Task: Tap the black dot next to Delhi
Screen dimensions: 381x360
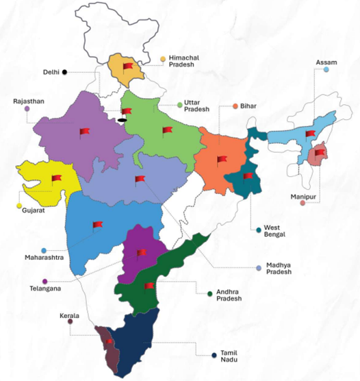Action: click(x=64, y=71)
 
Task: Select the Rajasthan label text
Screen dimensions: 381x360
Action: click(x=28, y=101)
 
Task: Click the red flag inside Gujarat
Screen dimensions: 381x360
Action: click(x=55, y=180)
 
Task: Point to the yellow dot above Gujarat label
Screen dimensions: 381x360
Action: click(x=18, y=206)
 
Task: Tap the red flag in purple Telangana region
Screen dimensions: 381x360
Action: click(x=141, y=253)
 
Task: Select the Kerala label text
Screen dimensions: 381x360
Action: click(x=68, y=315)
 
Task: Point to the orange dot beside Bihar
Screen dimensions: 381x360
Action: click(x=235, y=106)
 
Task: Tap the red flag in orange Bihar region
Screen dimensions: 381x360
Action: click(x=221, y=160)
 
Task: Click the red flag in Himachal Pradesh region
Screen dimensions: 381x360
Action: click(x=127, y=66)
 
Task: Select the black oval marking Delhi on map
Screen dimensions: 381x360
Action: click(x=122, y=121)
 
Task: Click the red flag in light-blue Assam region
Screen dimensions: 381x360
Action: click(x=310, y=134)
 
